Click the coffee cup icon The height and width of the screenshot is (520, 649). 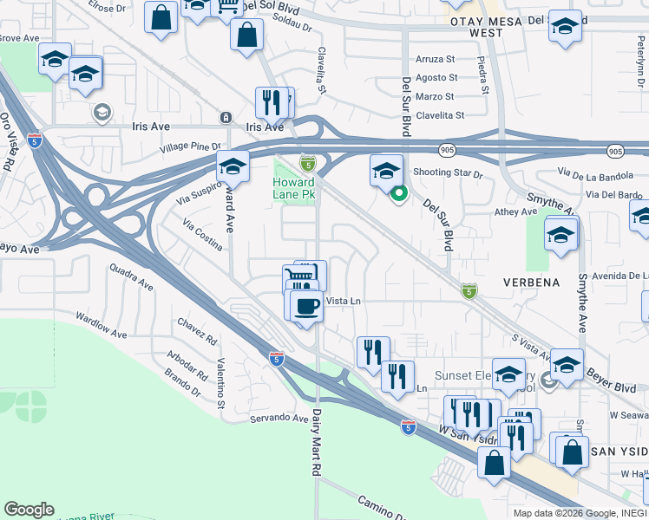(305, 305)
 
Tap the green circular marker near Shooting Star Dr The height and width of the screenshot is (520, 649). (399, 193)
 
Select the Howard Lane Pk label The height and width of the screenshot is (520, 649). (293, 189)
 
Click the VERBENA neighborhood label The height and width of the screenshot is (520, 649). (529, 283)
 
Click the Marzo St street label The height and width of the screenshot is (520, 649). (436, 96)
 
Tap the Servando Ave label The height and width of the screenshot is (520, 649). (281, 419)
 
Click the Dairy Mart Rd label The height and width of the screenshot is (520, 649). (317, 441)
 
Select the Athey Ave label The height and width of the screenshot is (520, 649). (516, 211)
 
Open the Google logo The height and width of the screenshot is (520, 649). (29, 510)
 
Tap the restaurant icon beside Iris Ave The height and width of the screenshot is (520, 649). (272, 102)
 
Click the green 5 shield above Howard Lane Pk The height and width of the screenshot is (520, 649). (307, 163)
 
